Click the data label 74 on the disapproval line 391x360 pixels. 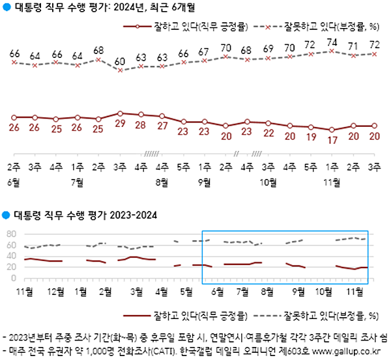331,42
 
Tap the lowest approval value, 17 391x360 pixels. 331,139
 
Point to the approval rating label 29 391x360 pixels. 119,123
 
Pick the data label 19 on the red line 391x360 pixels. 310,137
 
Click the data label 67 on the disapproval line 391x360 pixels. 204,52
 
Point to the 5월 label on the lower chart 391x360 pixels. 186,292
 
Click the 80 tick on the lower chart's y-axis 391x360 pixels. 11,234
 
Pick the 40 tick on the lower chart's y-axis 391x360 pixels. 11,256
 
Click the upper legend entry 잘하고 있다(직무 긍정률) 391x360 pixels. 196,28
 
